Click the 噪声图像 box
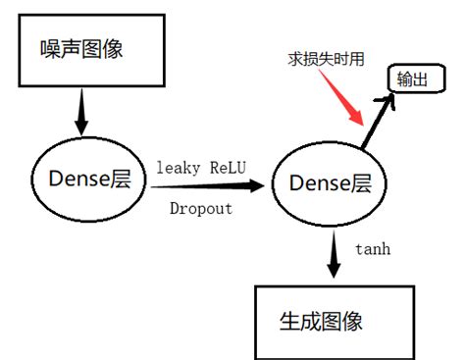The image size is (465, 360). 87,49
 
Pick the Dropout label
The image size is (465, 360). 201,208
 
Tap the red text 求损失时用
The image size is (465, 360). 325,60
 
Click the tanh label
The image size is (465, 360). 373,249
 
